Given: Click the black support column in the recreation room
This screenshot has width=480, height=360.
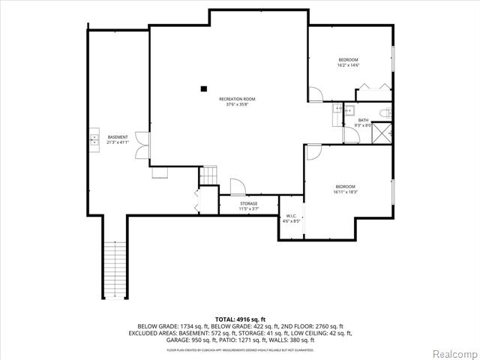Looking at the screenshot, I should coord(203,88).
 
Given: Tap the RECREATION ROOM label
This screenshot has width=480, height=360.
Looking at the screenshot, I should coord(237,99).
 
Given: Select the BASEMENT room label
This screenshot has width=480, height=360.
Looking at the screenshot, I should coord(118,136).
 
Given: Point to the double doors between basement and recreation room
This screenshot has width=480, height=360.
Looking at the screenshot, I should coord(142,149).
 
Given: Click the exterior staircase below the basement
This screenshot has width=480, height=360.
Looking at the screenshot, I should coord(115,271).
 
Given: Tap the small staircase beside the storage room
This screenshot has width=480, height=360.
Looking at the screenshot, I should coord(208,176).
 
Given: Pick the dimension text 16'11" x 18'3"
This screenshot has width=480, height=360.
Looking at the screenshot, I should coord(346,192).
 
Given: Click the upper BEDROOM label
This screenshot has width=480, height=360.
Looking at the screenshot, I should coord(348,60).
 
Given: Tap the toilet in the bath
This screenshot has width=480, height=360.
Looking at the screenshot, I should coord(383,112).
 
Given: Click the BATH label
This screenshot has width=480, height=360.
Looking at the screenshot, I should coord(363,120).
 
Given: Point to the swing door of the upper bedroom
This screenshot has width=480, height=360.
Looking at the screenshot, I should coord(316,94).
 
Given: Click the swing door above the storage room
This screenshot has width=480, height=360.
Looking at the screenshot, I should coord(237,187).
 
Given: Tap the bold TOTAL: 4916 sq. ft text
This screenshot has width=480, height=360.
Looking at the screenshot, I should coord(240,319).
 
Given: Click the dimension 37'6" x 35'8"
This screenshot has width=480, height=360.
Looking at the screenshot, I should coord(237,104).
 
